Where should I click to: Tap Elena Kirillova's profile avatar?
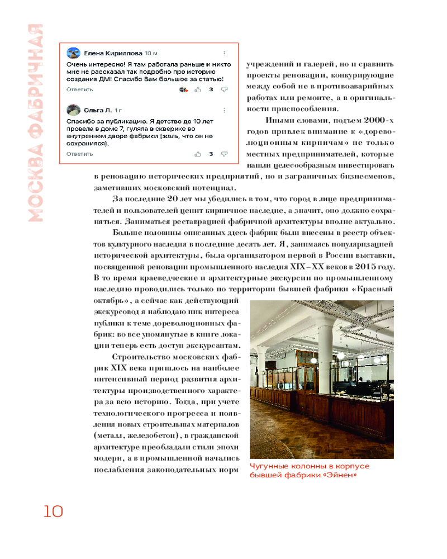[x=73, y=53]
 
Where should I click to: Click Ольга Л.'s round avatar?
[x=73, y=110]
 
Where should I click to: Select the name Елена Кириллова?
[x=112, y=53]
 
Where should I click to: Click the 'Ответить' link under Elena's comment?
[x=79, y=89]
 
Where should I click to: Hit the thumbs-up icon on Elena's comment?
[x=198, y=89]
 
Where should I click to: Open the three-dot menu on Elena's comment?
[x=224, y=53]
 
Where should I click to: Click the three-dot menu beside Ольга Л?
[x=224, y=110]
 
